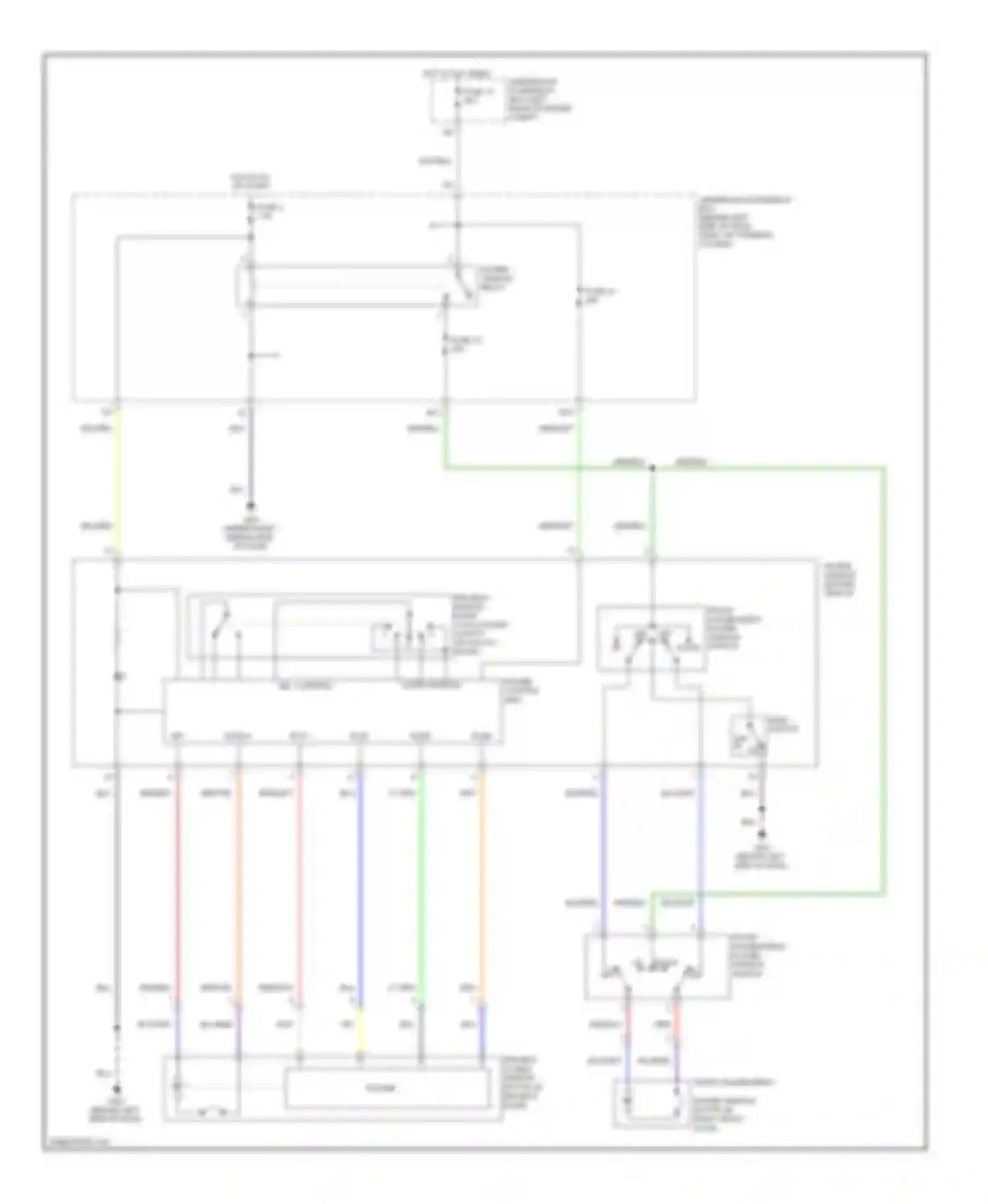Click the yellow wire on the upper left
[x=117, y=481]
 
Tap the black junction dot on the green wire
[x=652, y=468]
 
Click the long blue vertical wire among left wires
[x=360, y=883]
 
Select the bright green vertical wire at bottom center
[x=421, y=883]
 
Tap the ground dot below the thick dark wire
[x=250, y=506]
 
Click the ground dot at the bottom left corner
[x=117, y=1089]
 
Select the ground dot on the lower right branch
[x=762, y=833]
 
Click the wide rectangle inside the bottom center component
[x=387, y=1088]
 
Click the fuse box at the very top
[x=468, y=102]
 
